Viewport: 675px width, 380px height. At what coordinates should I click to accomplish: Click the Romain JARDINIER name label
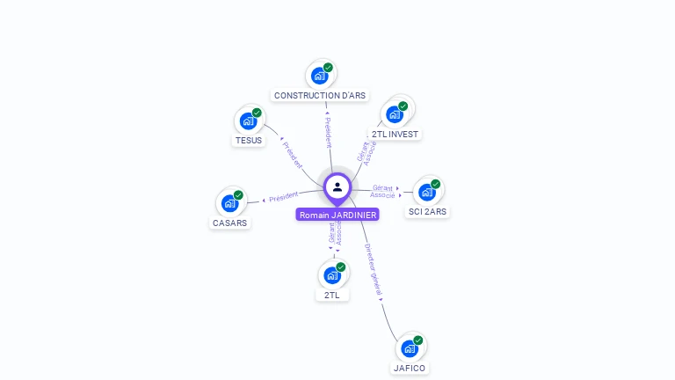(x=337, y=215)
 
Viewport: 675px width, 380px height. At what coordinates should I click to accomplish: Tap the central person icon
(x=337, y=186)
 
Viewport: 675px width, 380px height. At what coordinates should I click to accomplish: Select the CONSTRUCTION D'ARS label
(x=320, y=95)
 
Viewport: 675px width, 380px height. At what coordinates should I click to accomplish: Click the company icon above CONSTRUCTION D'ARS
(x=320, y=76)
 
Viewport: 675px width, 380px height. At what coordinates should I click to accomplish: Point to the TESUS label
(x=249, y=140)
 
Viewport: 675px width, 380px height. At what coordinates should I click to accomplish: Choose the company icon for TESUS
(x=249, y=121)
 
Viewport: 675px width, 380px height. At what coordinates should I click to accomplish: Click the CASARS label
(x=230, y=223)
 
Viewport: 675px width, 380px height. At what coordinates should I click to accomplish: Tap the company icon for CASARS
(x=230, y=203)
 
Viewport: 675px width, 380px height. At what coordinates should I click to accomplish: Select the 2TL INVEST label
(x=395, y=134)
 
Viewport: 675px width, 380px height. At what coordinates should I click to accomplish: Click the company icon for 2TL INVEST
(x=395, y=114)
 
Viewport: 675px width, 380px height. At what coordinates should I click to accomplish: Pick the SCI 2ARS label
(x=428, y=211)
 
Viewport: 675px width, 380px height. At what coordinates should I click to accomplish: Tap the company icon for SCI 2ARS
(x=427, y=192)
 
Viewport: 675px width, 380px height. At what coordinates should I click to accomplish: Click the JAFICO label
(x=410, y=368)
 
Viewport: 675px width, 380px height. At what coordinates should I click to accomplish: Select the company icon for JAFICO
(x=410, y=348)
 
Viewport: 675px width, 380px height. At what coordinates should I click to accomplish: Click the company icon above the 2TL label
(x=332, y=275)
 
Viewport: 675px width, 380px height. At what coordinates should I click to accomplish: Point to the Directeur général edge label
(x=374, y=270)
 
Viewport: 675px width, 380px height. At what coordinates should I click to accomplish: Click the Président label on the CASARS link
(x=284, y=197)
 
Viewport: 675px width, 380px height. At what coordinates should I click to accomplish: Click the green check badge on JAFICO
(x=418, y=340)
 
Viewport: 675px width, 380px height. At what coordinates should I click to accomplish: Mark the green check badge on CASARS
(x=238, y=194)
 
